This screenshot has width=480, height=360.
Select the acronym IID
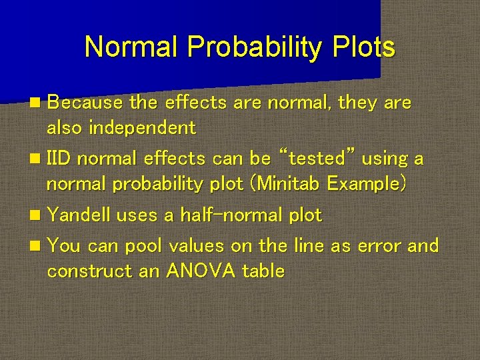point(59,159)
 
